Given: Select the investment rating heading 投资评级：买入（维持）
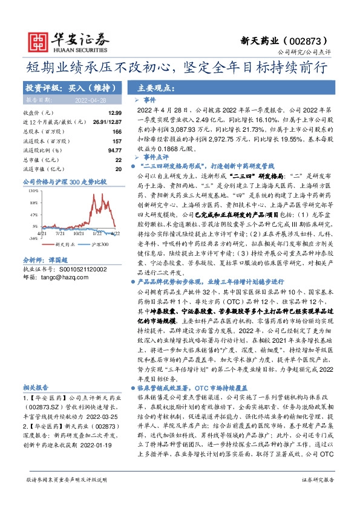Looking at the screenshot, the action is click(61, 87).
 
